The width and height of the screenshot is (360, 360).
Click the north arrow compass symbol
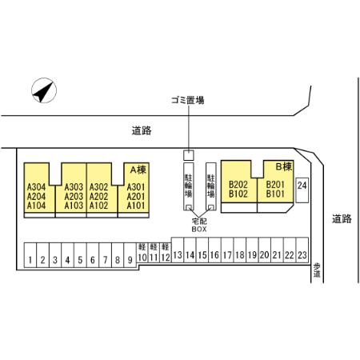pyautogui.click(x=44, y=90)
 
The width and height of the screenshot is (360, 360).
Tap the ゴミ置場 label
pyautogui.click(x=188, y=101)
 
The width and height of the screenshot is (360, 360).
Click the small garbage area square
pyautogui.click(x=189, y=155)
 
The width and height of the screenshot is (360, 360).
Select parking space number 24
pyautogui.click(x=302, y=190)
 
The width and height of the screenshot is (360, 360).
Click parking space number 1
pyautogui.click(x=30, y=255)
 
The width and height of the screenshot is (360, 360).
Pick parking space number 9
pyautogui.click(x=130, y=255)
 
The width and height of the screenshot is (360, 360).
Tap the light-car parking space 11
pyautogui.click(x=154, y=253)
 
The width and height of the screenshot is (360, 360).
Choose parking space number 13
pyautogui.click(x=178, y=250)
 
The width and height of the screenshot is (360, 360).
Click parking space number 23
pyautogui.click(x=302, y=250)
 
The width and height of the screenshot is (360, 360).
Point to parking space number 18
pyautogui.click(x=240, y=250)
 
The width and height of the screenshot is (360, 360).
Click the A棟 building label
pyautogui.click(x=138, y=170)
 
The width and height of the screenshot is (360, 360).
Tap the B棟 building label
pyautogui.click(x=284, y=166)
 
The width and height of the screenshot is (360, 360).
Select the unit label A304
pyautogui.click(x=36, y=187)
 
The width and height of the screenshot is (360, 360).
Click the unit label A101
pyautogui.click(x=136, y=206)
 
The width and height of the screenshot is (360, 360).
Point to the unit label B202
pyautogui.click(x=238, y=184)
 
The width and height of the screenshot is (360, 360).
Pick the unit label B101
pyautogui.click(x=275, y=194)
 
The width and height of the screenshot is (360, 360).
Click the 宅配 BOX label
pyautogui.click(x=199, y=225)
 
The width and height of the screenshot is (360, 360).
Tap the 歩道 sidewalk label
pyautogui.click(x=317, y=270)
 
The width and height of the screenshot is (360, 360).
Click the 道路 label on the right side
pyautogui.click(x=342, y=219)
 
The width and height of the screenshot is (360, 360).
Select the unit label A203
pyautogui.click(x=74, y=197)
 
